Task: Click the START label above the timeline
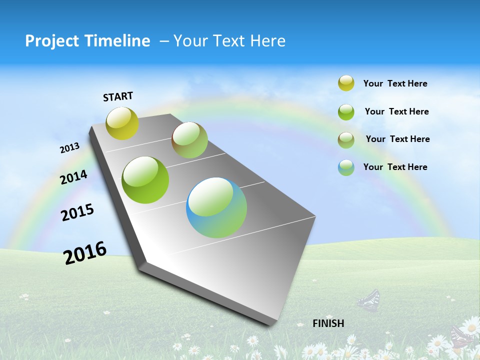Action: coord(118,96)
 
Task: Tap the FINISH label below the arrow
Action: coord(328,323)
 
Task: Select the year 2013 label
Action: coord(69,148)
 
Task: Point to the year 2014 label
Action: coord(73,177)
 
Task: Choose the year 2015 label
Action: coord(77,212)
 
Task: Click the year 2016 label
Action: coord(85,252)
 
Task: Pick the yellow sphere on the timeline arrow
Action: coord(122,123)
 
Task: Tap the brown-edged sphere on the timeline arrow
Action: coord(189,140)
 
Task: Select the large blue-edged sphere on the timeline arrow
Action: coord(216,207)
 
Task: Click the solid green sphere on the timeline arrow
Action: coord(145,180)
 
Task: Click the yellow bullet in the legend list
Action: coord(346,83)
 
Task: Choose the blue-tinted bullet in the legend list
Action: coord(346,167)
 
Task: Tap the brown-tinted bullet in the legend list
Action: coord(346,139)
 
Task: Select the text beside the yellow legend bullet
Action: coord(395,83)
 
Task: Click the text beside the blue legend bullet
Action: coord(395,167)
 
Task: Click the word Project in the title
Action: coord(52,41)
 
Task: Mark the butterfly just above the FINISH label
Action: coord(369,300)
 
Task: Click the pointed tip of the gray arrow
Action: coord(271,325)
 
